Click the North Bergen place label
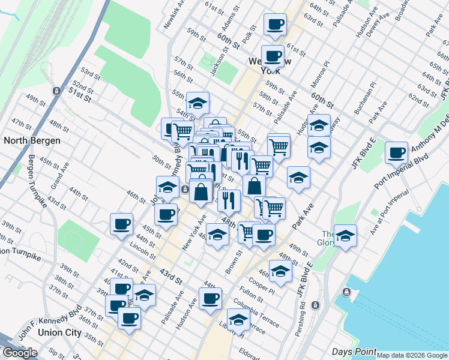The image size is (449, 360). click(x=32, y=140)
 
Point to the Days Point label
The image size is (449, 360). click(x=355, y=352)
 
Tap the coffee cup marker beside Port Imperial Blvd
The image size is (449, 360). click(x=396, y=153)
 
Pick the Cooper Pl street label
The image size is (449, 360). click(x=262, y=285)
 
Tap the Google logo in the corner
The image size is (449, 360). click(x=20, y=353)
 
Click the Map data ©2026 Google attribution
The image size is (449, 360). click(x=412, y=355)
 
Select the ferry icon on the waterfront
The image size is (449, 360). click(x=346, y=292)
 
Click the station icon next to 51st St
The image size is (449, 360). click(x=56, y=91)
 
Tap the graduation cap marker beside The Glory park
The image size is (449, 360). click(x=345, y=236)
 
